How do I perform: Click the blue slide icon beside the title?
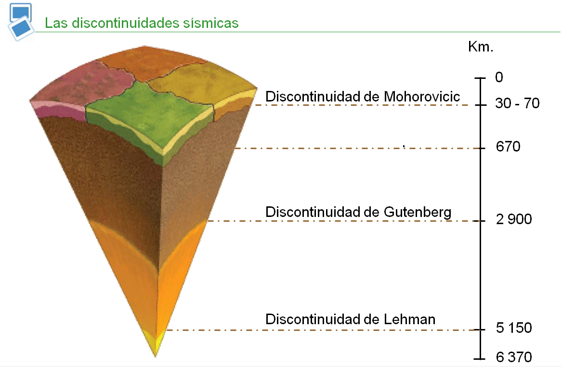point(20,22)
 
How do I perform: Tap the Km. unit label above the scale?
point(481,47)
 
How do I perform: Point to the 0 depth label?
point(499,77)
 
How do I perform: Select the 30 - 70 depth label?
point(517,103)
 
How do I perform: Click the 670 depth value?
point(508,147)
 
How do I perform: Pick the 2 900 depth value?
point(513,220)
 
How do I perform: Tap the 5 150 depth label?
point(513,328)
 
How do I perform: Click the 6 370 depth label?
point(513,357)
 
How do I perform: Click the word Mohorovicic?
point(422,96)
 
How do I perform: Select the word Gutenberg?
point(418,212)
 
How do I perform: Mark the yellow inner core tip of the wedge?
point(156,344)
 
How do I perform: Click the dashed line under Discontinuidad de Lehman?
point(318,330)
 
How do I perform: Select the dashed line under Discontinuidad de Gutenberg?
point(337,221)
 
